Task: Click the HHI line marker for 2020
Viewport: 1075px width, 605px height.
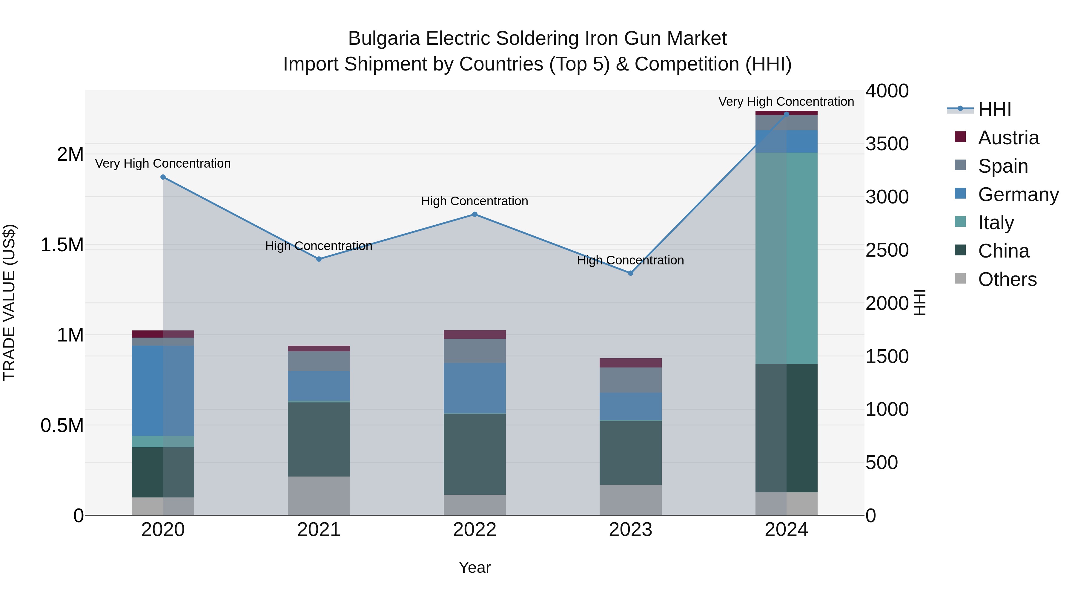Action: click(x=163, y=177)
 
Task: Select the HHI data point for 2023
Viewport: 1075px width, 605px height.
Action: click(x=631, y=273)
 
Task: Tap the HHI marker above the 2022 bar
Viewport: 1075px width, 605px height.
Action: click(x=474, y=214)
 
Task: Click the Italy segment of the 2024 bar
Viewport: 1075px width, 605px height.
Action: click(x=786, y=258)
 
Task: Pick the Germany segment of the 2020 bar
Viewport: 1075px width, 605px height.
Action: click(x=163, y=390)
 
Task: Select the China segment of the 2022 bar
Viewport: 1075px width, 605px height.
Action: click(x=474, y=454)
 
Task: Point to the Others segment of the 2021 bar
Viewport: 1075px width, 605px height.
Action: click(x=319, y=496)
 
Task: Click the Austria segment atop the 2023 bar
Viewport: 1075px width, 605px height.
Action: click(x=631, y=362)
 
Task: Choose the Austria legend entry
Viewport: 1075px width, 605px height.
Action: click(x=1008, y=138)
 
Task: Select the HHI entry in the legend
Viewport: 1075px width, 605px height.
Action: click(x=994, y=109)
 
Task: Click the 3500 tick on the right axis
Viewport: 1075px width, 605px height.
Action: click(x=887, y=144)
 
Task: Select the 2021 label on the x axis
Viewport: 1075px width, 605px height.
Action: click(x=319, y=529)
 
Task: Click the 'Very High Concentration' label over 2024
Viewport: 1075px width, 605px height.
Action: click(x=786, y=102)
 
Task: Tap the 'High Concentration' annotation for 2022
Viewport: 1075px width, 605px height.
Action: click(x=474, y=201)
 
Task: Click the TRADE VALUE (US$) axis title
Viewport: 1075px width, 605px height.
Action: click(x=9, y=302)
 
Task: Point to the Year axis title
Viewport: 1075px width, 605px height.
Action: click(x=474, y=567)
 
